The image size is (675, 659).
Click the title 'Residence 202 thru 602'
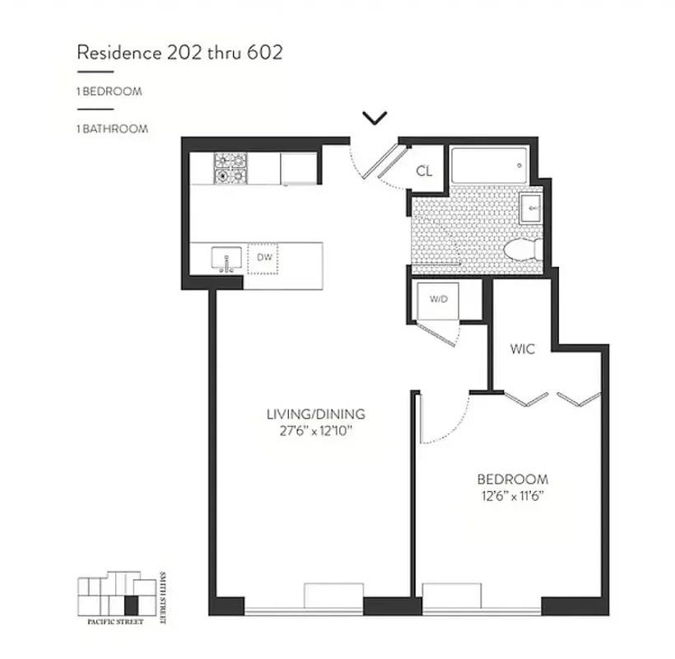(x=179, y=53)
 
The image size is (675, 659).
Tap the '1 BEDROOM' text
(x=109, y=91)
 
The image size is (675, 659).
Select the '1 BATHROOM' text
(x=112, y=129)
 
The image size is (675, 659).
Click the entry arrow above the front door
(x=375, y=119)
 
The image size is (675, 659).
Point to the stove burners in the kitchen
(x=230, y=168)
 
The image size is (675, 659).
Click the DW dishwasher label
(x=264, y=258)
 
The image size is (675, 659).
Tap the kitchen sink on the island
(x=225, y=259)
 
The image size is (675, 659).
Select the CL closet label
(x=424, y=171)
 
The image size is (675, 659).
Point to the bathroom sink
(x=531, y=209)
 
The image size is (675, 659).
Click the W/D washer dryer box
(x=436, y=298)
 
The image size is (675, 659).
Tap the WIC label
(x=522, y=349)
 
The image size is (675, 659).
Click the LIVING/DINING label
(x=315, y=414)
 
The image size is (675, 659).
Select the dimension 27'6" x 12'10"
(x=315, y=430)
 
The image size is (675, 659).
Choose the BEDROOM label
(x=513, y=479)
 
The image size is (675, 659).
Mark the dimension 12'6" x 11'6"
(x=513, y=495)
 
